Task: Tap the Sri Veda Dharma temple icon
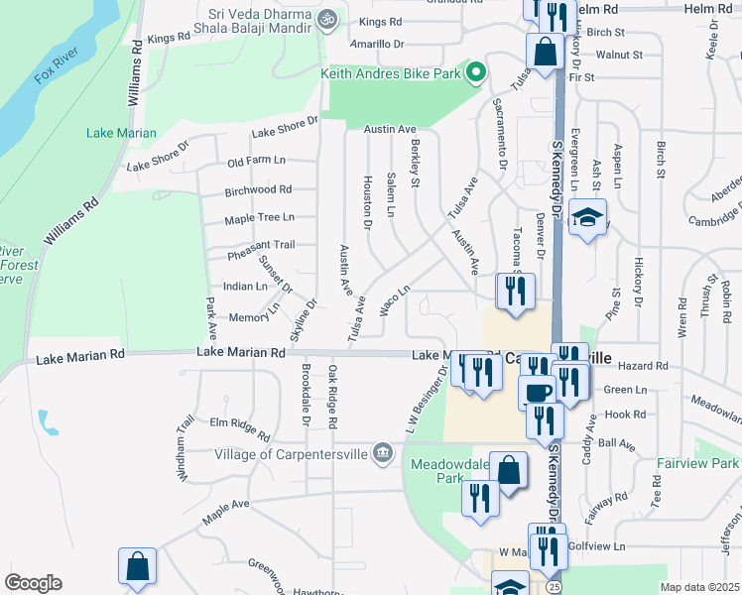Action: (x=325, y=18)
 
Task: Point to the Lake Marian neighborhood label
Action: (x=121, y=133)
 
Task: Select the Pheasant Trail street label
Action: (x=261, y=244)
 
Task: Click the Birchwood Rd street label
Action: (x=258, y=189)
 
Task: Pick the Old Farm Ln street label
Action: (x=256, y=162)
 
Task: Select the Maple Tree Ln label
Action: (x=259, y=217)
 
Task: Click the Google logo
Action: (x=33, y=583)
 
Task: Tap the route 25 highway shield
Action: (x=553, y=587)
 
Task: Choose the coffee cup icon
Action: (x=538, y=392)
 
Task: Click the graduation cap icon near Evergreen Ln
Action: (x=588, y=219)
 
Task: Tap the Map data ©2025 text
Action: (x=698, y=587)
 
